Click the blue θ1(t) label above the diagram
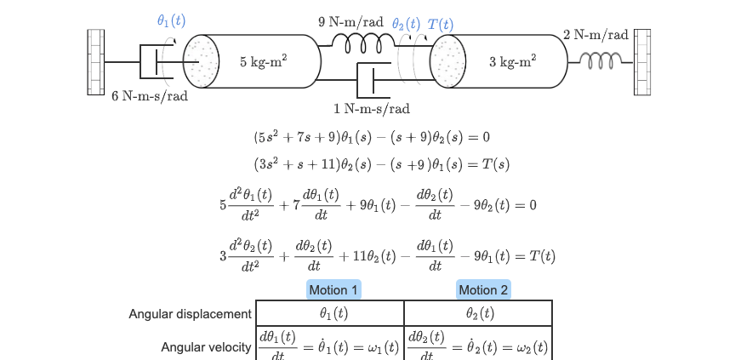172,20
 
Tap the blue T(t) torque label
441,25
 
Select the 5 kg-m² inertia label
264,61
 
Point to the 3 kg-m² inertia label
513,61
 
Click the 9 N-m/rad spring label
350,22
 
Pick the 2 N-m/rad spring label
595,35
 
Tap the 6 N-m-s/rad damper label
150,96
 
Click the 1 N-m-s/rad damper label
372,109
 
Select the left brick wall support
96,62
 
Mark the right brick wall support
642,62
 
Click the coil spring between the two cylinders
363,44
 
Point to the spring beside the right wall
601,61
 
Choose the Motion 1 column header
333,290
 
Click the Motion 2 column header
483,290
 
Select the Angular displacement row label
191,314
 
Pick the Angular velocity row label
206,347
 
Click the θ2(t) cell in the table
480,313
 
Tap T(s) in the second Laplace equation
496,164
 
